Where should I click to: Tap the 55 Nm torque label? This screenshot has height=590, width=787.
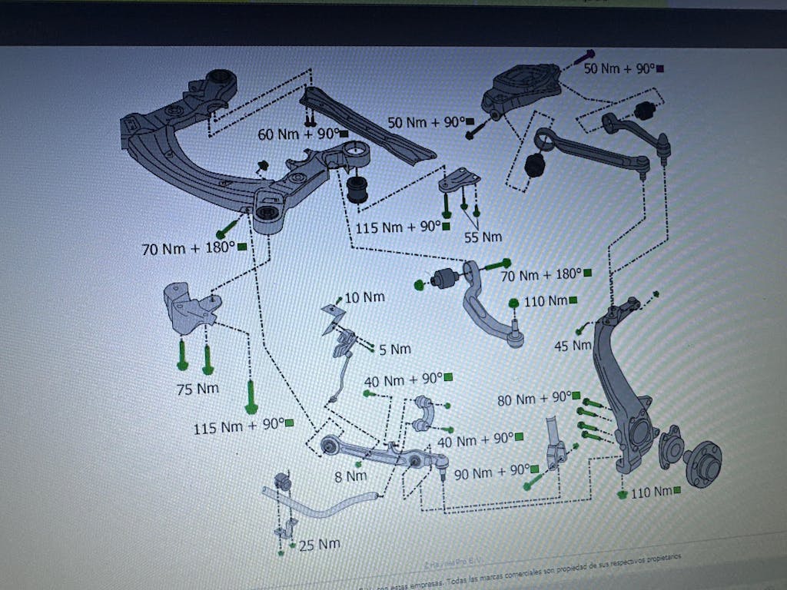pyautogui.click(x=482, y=237)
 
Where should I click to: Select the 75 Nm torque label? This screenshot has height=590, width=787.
pyautogui.click(x=198, y=389)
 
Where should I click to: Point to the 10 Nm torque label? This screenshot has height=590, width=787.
pyautogui.click(x=364, y=297)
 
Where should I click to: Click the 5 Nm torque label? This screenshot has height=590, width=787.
pyautogui.click(x=395, y=350)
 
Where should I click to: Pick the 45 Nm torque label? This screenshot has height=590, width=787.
pyautogui.click(x=573, y=346)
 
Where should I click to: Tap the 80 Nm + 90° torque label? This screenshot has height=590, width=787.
pyautogui.click(x=533, y=399)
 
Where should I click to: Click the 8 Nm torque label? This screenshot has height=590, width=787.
pyautogui.click(x=350, y=476)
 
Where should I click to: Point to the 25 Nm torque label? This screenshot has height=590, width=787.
pyautogui.click(x=319, y=545)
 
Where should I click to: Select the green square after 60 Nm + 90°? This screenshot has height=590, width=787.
pyautogui.click(x=344, y=134)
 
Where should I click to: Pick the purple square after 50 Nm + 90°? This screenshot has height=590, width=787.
pyautogui.click(x=661, y=68)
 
